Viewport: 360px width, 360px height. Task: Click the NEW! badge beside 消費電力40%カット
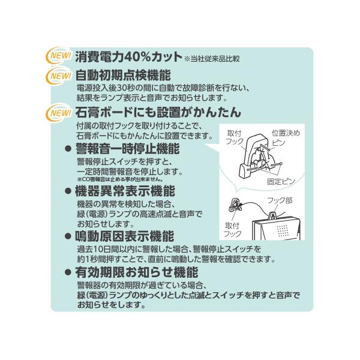point(58,57)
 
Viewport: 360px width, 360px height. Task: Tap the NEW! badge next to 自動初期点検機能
point(58,76)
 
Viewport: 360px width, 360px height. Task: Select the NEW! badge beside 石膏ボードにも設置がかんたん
point(58,112)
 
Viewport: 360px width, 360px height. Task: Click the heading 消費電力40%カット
point(128,57)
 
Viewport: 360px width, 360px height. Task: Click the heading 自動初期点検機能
point(124,76)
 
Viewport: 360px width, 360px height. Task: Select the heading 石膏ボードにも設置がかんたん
point(158,112)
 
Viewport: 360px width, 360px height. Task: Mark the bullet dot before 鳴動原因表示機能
point(68,236)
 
